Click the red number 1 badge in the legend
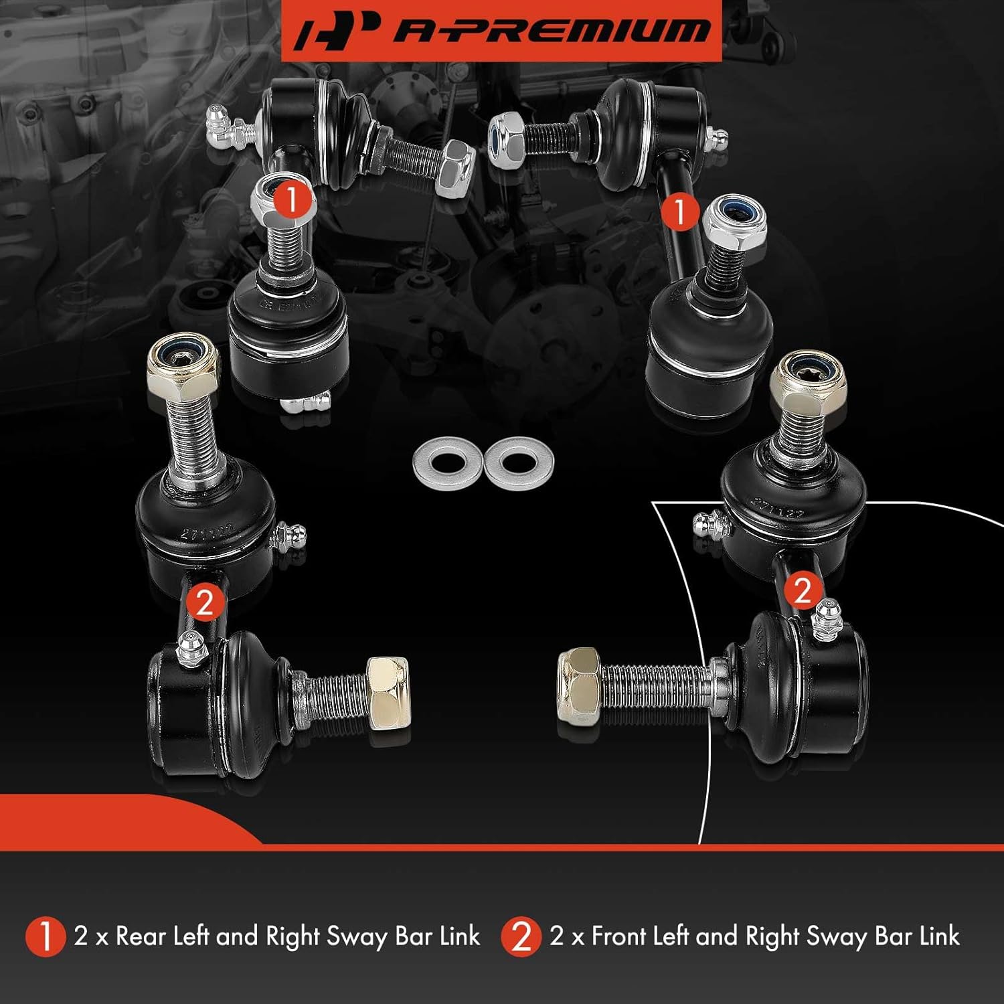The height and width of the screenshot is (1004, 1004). click(45, 936)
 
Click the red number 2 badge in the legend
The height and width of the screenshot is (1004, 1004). click(521, 936)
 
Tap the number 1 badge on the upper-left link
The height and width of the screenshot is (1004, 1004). click(291, 199)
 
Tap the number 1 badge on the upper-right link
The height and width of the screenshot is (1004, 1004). click(680, 212)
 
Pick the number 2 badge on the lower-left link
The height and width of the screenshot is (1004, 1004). click(204, 602)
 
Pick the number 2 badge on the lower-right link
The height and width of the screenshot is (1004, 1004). click(802, 590)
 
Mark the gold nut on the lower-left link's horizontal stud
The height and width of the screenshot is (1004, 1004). click(388, 693)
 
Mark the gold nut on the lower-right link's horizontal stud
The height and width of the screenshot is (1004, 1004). click(578, 685)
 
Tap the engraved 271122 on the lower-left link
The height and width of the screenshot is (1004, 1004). click(207, 531)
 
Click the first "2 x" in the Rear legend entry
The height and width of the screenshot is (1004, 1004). click(91, 936)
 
